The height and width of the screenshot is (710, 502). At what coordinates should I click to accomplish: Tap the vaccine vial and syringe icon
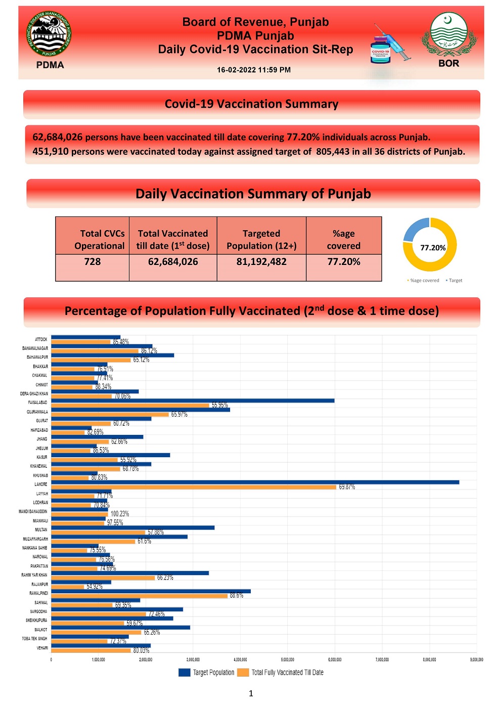coord(390,46)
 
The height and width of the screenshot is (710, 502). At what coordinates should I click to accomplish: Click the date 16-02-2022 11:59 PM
coord(254,70)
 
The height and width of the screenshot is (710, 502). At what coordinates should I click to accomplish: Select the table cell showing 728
coord(93,262)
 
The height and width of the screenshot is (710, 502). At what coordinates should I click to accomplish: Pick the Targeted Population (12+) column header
coord(261,240)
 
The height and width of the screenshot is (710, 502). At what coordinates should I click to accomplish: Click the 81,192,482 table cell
coord(261,262)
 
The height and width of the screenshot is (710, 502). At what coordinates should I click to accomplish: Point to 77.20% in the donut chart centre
coord(433,248)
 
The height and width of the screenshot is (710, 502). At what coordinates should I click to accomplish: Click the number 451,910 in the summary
coord(51,152)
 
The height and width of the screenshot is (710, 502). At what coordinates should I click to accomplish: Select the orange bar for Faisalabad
coord(130,405)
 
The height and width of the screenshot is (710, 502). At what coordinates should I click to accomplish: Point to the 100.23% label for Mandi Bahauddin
coord(120,514)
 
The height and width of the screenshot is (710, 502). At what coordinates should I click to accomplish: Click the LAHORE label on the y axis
coord(41,484)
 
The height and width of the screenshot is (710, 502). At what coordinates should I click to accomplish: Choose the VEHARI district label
coord(42,648)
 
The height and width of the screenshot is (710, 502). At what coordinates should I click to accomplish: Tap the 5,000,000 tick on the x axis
coord(288,659)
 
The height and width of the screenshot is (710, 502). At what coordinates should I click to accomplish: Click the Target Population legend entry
coord(207,673)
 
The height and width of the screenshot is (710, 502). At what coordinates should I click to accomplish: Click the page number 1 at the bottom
coord(251,693)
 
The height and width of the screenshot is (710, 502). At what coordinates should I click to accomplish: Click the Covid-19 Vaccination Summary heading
coord(251,104)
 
